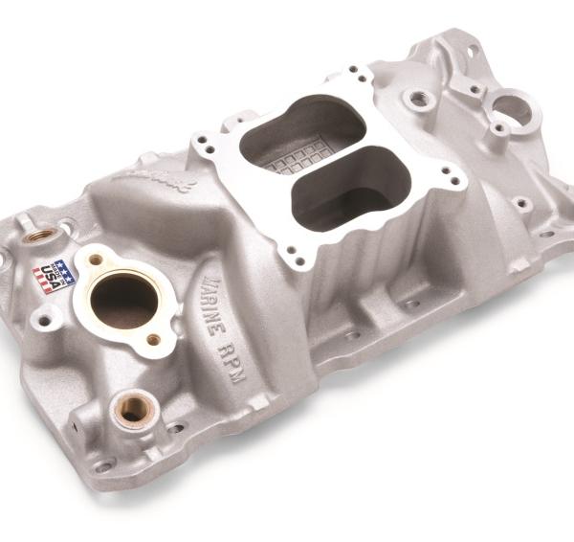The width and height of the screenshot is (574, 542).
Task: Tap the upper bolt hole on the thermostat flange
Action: pyautogui.click(x=96, y=259)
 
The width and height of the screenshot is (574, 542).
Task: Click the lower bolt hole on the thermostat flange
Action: pyautogui.click(x=154, y=339)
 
